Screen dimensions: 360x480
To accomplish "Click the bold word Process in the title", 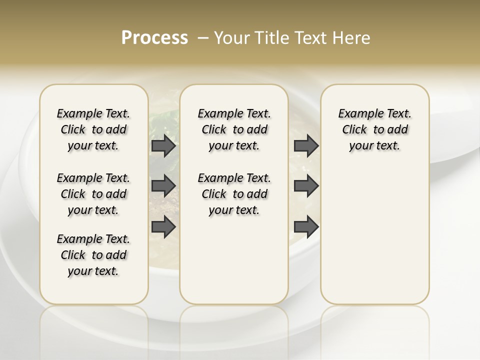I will pos(154,37).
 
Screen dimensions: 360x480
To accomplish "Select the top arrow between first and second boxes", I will pos(163,146).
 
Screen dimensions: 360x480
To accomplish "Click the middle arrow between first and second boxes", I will pos(163,186).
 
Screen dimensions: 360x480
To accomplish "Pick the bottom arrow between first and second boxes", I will pos(163,227).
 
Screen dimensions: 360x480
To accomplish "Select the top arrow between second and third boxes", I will pos(306,146).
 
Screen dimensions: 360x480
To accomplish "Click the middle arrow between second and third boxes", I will pos(306,186).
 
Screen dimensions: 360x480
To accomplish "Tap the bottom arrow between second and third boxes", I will pos(306,227).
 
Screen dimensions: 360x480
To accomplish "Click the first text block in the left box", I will pos(93,129).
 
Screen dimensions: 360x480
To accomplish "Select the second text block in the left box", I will pos(93,194).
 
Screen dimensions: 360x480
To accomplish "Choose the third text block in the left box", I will pos(93,255).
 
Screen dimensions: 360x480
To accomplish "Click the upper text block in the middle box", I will pos(234,129).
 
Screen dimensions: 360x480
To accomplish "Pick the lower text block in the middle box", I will pos(234,194).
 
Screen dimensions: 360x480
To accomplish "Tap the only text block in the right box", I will pos(374,129).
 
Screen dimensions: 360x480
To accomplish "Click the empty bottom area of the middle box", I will pos(234,265).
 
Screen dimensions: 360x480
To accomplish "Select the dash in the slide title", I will pos(203,37).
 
